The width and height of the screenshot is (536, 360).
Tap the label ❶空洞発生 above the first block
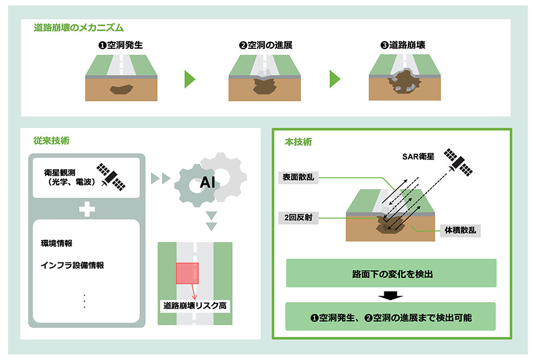coord(121,46)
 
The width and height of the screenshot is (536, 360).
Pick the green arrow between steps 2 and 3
coord(334,79)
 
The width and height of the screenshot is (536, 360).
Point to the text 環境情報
coord(57,243)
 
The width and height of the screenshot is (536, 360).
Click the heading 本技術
coord(299,142)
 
